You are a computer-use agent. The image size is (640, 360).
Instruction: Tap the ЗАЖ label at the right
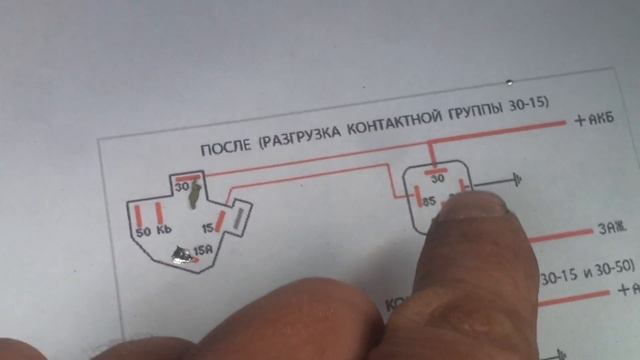click(610, 229)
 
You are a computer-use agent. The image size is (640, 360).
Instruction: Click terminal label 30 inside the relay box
click(437, 179)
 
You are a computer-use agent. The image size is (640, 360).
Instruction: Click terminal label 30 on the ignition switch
click(181, 186)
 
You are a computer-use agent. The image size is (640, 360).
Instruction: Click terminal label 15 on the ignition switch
click(207, 227)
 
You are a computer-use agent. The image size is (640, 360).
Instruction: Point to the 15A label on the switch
click(202, 250)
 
